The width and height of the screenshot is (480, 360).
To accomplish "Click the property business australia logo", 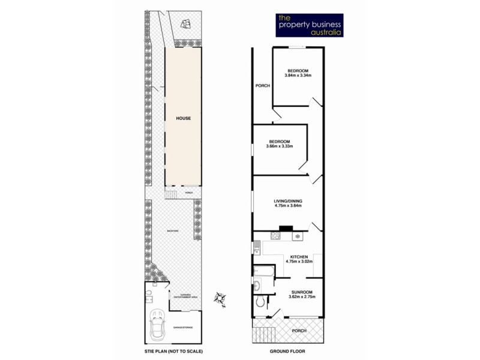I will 308,25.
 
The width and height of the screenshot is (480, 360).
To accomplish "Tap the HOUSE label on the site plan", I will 184,119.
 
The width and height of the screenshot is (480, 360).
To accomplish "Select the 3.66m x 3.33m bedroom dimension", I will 280,146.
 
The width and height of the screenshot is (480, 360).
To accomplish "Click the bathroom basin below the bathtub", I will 257,286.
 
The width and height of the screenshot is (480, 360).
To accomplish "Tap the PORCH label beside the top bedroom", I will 262,86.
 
